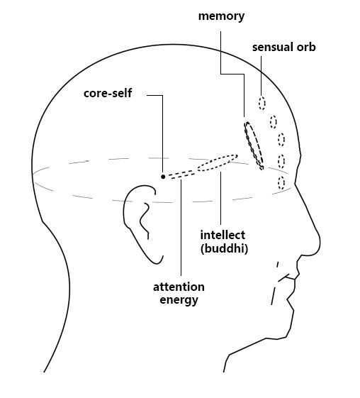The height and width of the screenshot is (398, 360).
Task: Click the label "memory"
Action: point(221,16)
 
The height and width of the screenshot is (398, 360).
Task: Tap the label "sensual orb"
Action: point(283,48)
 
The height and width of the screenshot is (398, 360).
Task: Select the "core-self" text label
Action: point(108,93)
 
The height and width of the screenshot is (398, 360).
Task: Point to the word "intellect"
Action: point(223,235)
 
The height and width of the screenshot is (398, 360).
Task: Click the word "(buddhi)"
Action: point(224,248)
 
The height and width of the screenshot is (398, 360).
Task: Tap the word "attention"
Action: point(179,287)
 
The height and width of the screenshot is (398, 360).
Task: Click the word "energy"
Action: point(179,300)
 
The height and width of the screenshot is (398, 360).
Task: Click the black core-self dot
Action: point(163,177)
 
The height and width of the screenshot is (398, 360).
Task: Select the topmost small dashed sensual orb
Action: point(262,103)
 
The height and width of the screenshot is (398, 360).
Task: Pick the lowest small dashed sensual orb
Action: point(281,183)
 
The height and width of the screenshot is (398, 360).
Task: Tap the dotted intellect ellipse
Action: point(218,162)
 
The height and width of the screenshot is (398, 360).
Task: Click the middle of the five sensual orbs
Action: point(281,139)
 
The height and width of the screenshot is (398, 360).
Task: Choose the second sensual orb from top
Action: point(273,121)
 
